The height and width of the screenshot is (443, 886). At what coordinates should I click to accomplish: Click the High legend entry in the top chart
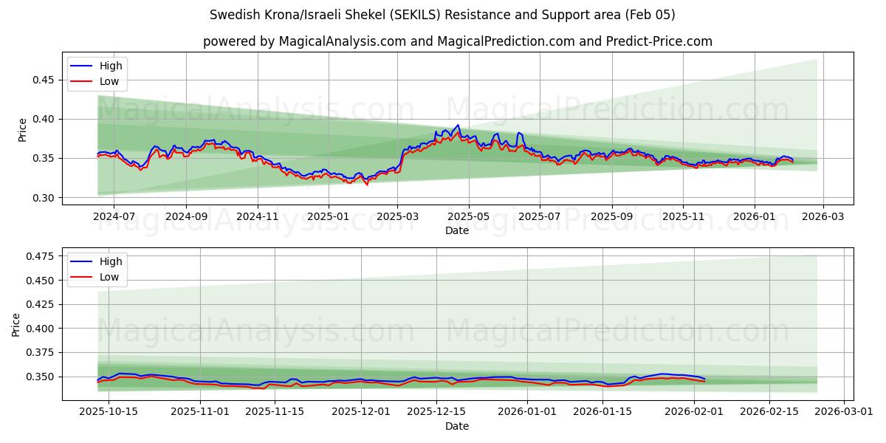111,66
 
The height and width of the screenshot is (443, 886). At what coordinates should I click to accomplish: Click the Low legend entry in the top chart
109,82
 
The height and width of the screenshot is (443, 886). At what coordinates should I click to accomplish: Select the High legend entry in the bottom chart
111,261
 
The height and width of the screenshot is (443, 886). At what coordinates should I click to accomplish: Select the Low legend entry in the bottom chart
109,278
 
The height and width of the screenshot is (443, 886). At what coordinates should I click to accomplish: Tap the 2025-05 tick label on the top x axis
469,217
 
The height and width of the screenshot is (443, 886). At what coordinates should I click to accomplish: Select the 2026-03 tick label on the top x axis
823,217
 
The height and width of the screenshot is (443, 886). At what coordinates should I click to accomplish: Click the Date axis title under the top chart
457,231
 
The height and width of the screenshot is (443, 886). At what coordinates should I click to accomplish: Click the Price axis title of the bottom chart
17,324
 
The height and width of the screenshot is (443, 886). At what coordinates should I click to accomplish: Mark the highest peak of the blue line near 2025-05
458,125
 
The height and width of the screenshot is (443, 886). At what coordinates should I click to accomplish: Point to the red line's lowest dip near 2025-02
366,184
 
